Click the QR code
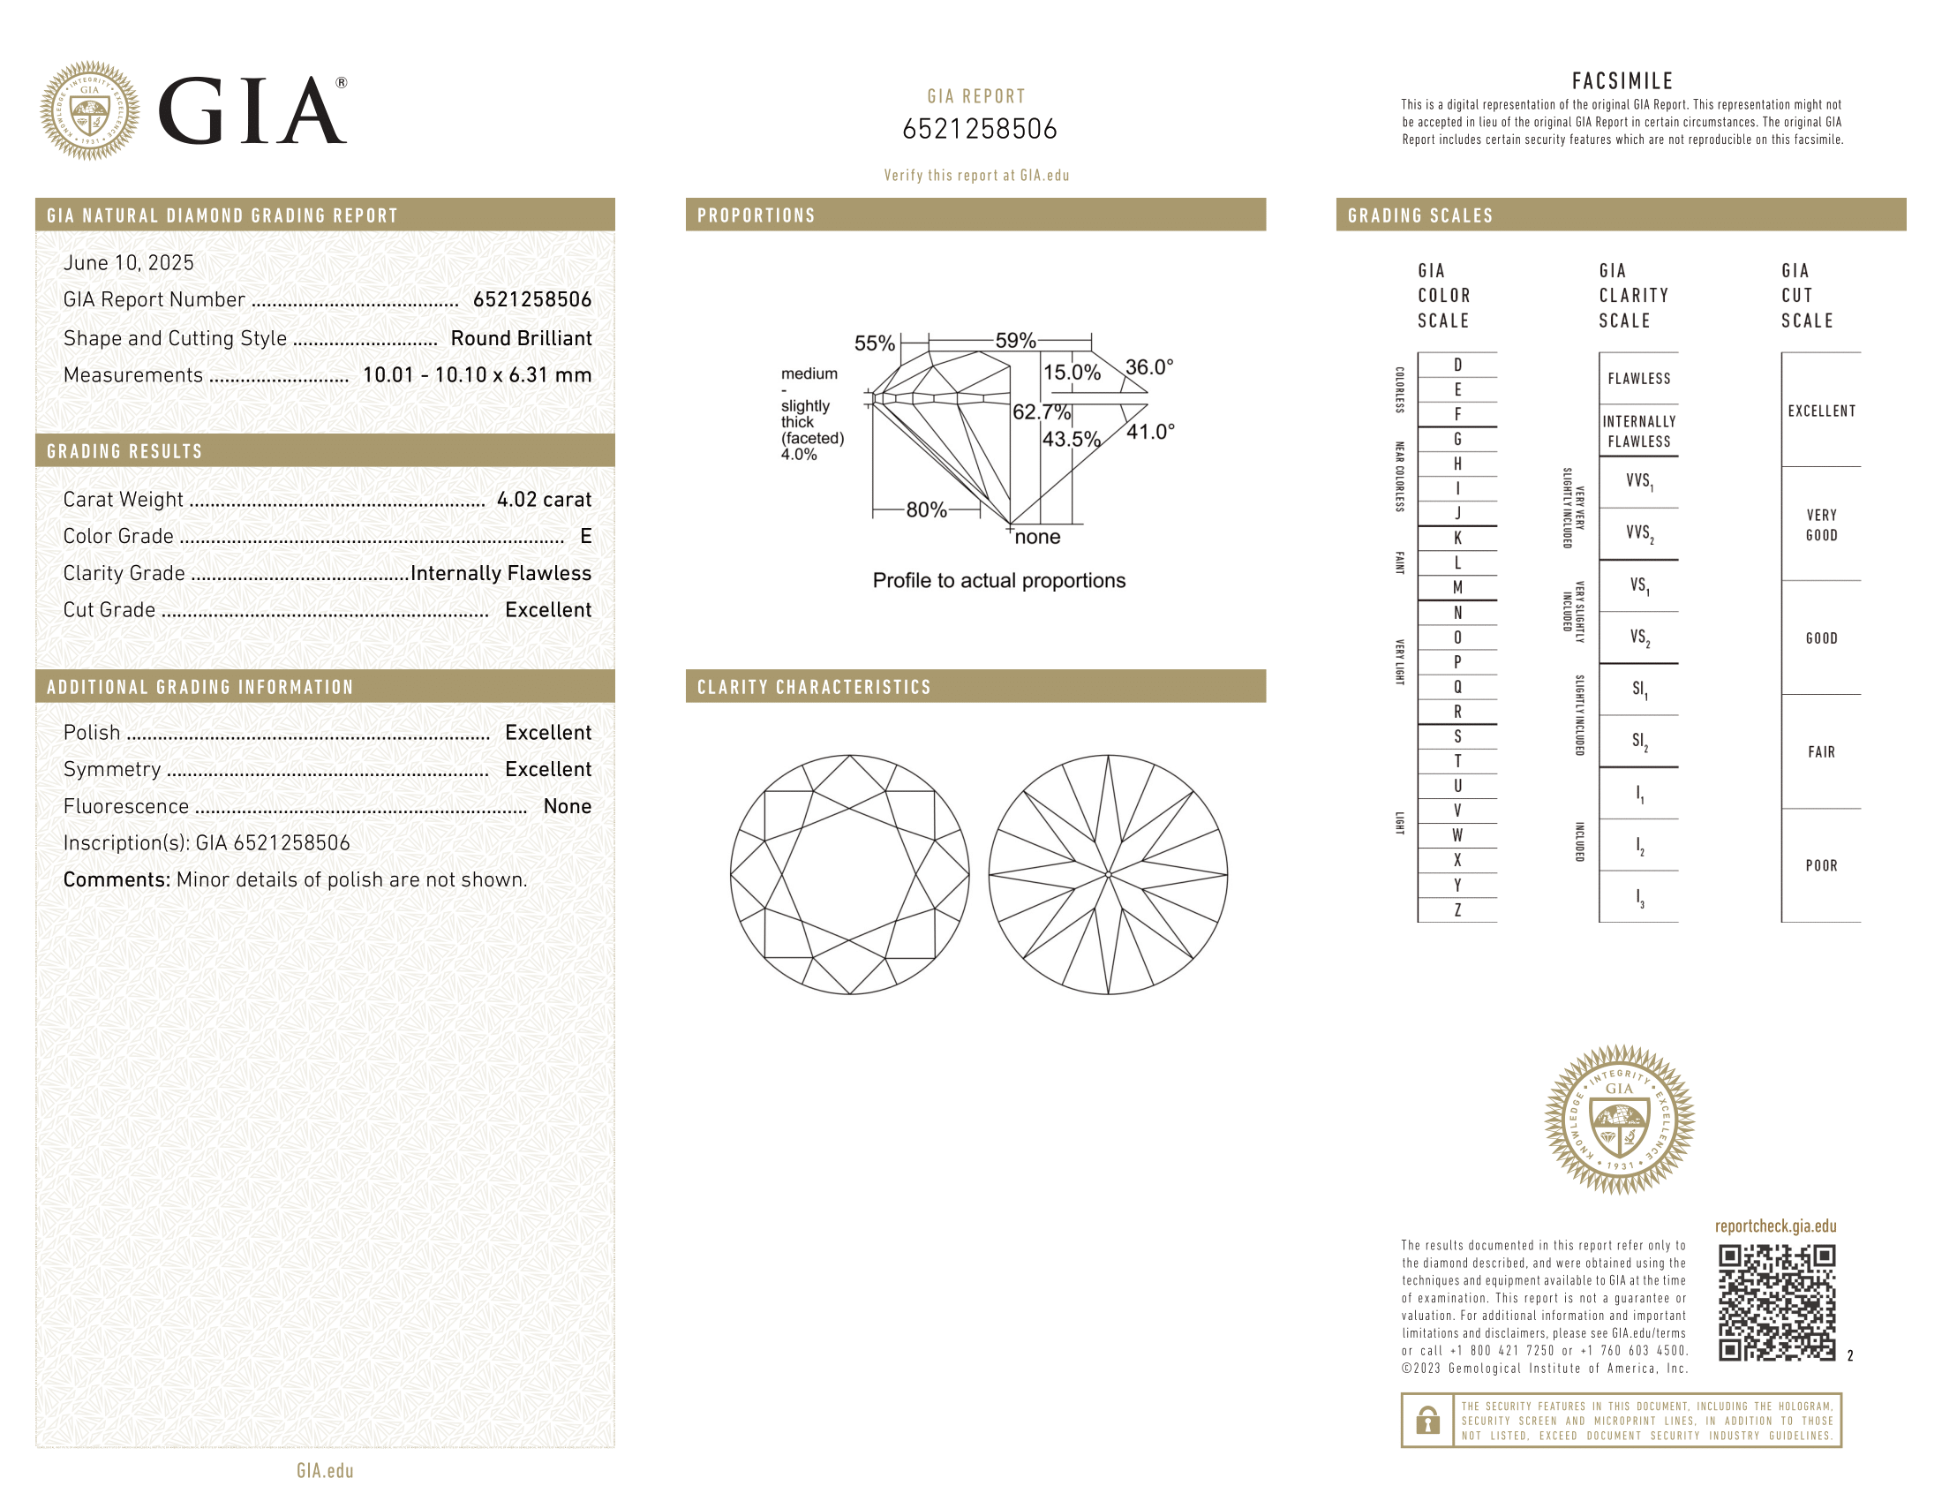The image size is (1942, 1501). (1776, 1302)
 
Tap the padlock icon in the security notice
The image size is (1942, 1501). (1428, 1420)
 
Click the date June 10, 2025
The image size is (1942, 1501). (128, 263)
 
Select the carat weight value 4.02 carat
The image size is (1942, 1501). (544, 500)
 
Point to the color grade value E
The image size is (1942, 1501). (586, 536)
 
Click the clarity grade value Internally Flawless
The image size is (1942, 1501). (501, 574)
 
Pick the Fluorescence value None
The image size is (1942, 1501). (568, 806)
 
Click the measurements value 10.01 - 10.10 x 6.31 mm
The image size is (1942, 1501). (478, 375)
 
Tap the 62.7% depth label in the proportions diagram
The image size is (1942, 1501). (1042, 411)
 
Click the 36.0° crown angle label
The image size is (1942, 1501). (1149, 367)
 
